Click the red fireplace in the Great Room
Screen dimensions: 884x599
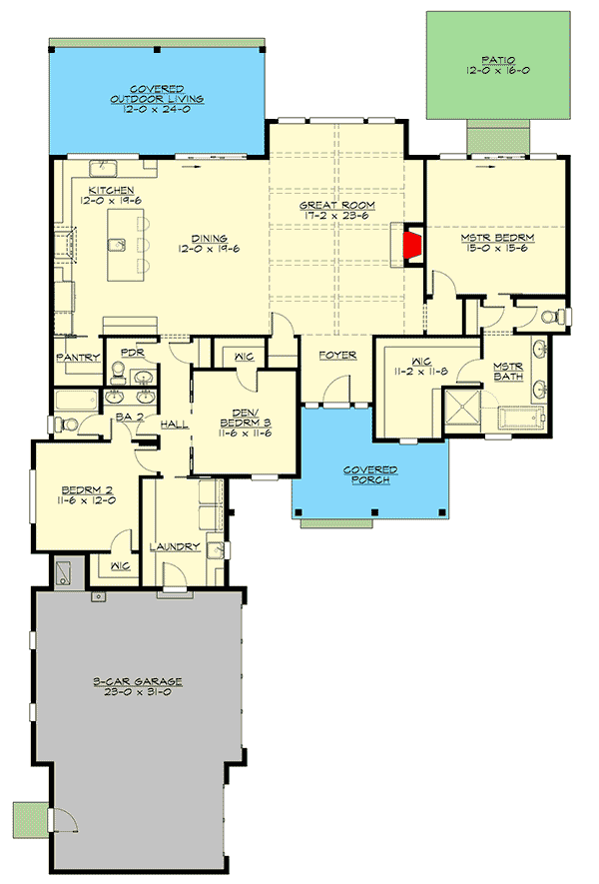point(410,244)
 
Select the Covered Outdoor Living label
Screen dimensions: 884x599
point(158,94)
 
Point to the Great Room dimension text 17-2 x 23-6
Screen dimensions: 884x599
point(336,217)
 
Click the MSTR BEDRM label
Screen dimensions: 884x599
point(497,239)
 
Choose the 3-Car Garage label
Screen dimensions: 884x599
point(138,681)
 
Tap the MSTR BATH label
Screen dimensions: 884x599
point(509,371)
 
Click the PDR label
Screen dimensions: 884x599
point(132,353)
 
